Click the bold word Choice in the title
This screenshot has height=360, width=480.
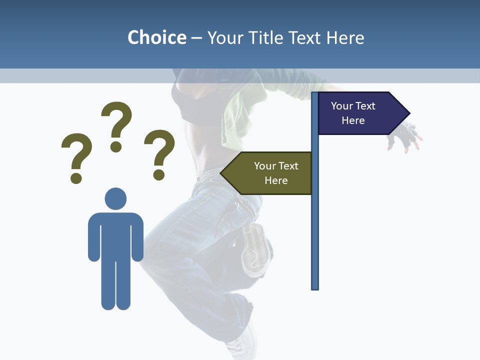(x=156, y=37)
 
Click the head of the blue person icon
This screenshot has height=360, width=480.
(x=115, y=198)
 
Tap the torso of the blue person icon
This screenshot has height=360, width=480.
(x=115, y=235)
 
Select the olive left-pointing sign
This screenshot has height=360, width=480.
(x=270, y=173)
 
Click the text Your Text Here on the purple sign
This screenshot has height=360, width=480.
(x=353, y=113)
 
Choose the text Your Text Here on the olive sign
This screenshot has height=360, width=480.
(x=276, y=173)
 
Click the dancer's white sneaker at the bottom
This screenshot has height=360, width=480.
(x=242, y=345)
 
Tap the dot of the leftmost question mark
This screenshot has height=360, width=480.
(x=76, y=178)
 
